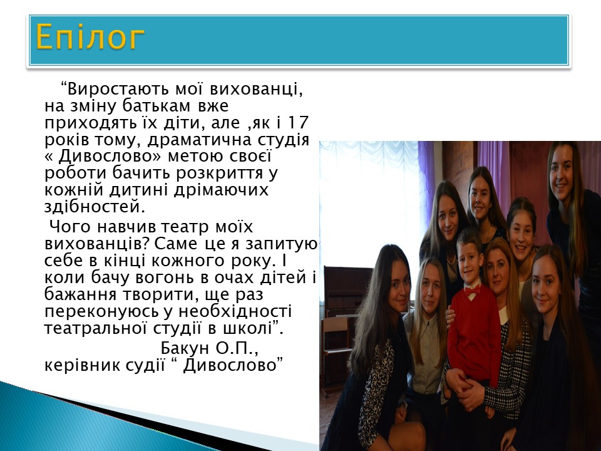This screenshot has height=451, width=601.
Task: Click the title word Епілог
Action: pyautogui.click(x=90, y=38)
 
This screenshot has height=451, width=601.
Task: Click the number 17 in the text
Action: pyautogui.click(x=298, y=122)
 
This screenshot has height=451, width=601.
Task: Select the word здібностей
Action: pyautogui.click(x=95, y=207)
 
